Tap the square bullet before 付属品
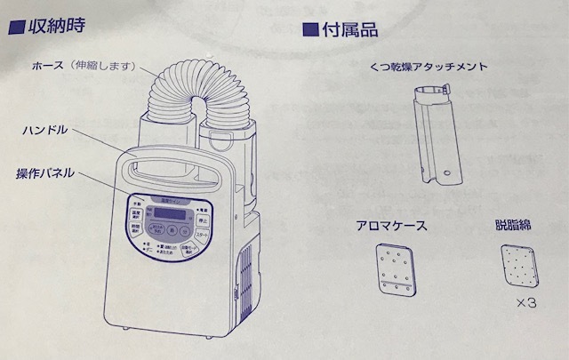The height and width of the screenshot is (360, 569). pos(309,30)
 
